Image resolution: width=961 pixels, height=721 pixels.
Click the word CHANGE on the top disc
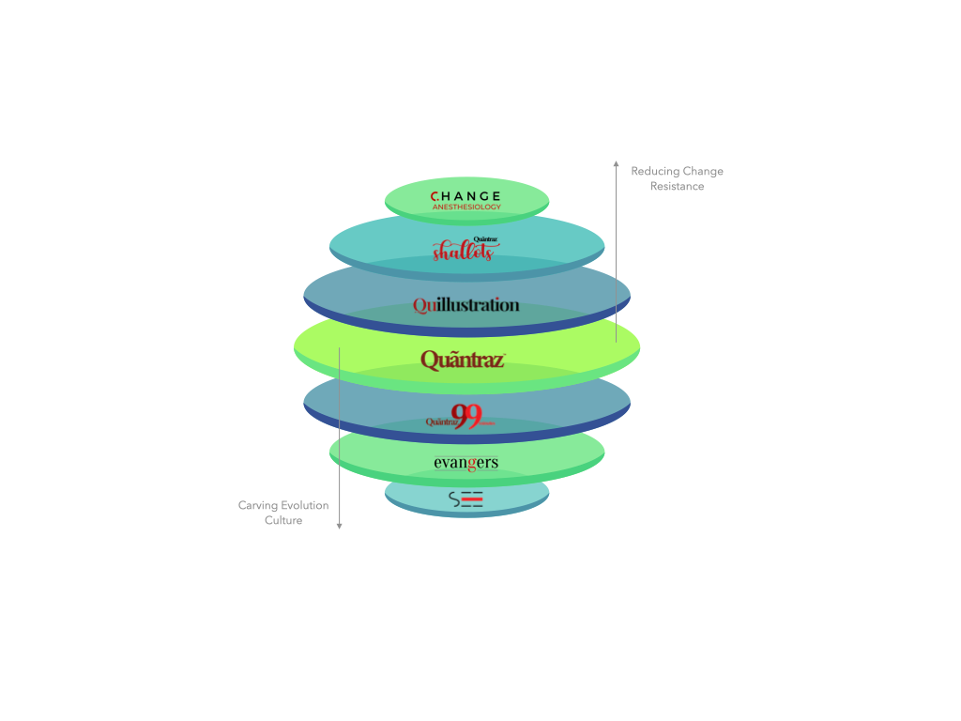pos(466,196)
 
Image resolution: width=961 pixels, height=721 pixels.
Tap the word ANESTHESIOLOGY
pos(466,207)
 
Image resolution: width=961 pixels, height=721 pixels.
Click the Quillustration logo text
pos(466,305)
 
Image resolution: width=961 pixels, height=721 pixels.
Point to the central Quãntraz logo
pos(463,360)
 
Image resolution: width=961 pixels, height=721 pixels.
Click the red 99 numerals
pos(466,415)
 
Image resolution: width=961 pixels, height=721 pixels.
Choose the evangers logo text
pos(466,463)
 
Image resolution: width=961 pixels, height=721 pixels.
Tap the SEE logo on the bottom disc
pos(466,499)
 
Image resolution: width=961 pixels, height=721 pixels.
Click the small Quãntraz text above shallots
pos(485,239)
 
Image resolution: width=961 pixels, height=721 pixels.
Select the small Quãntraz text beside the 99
pos(440,422)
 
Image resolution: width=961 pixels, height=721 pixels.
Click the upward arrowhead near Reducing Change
pos(617,164)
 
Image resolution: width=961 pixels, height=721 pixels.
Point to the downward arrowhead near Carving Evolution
pos(340,527)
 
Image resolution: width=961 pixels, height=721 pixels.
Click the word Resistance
pos(678,187)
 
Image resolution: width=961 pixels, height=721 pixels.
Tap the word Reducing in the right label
pos(653,172)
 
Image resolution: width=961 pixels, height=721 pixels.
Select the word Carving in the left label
pos(257,506)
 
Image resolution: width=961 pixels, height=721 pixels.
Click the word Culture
pos(283,521)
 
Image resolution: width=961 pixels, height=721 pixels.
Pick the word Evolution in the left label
pos(305,506)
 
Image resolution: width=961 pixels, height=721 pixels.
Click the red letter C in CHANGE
pos(435,196)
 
